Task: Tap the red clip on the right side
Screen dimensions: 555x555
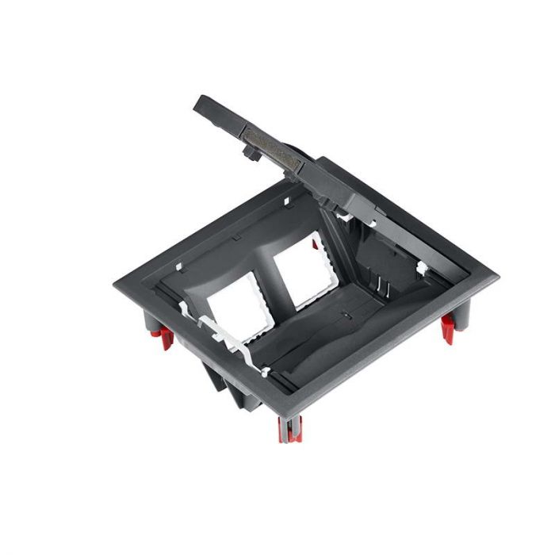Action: click(x=447, y=327)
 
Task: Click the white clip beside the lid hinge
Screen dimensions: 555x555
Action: click(x=345, y=211)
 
